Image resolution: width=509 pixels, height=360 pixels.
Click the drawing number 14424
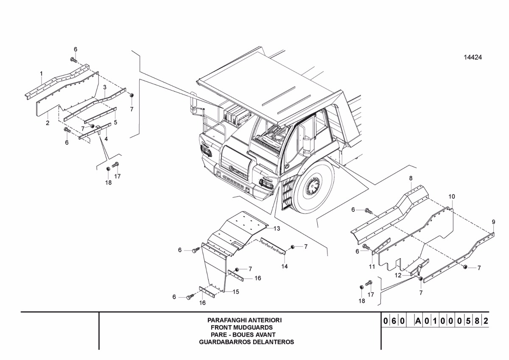point(473,57)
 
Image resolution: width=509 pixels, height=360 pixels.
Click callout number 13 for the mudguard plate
point(277,228)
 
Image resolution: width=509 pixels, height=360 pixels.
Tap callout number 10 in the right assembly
point(452,197)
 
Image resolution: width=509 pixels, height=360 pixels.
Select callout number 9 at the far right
point(493,222)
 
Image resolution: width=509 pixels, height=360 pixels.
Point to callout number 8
point(411,178)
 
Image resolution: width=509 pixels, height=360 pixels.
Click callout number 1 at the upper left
point(42,74)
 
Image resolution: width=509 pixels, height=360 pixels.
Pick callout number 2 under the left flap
point(48,123)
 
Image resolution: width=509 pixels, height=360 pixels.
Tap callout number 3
point(105,87)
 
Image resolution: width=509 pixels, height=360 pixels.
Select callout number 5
point(115,122)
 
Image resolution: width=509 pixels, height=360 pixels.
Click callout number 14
point(285,266)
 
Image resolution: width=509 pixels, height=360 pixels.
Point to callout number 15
point(236,292)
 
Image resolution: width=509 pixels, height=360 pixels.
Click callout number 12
point(398,276)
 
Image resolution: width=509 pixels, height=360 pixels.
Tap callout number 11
point(372,266)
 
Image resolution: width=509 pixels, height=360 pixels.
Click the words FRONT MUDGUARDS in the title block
point(242,327)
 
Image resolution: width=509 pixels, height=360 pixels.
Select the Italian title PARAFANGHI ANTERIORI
point(244,320)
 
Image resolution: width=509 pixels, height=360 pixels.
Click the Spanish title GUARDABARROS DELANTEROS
point(246,342)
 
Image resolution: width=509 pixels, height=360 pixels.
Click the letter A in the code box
point(418,321)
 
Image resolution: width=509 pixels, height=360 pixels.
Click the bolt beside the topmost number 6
point(73,60)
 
